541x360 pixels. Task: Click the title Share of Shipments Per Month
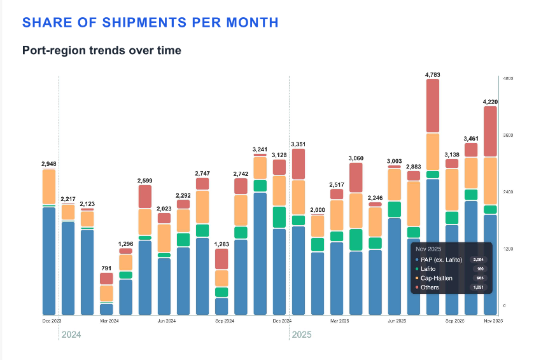[x=150, y=22]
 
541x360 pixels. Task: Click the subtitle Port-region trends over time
[x=102, y=50]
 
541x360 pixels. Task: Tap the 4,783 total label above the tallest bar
[x=433, y=75]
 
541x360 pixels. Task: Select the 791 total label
[x=106, y=268]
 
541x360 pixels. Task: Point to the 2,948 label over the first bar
[x=49, y=164]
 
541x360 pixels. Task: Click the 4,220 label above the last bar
[x=490, y=102]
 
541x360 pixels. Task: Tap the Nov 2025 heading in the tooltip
[x=431, y=249]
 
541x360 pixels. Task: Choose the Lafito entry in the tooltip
[x=429, y=269]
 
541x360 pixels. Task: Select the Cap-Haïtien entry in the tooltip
[x=437, y=279]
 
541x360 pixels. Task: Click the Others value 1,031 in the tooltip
[x=479, y=288]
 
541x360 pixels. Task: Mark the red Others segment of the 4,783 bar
[x=433, y=106]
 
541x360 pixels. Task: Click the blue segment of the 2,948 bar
[x=49, y=261]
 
